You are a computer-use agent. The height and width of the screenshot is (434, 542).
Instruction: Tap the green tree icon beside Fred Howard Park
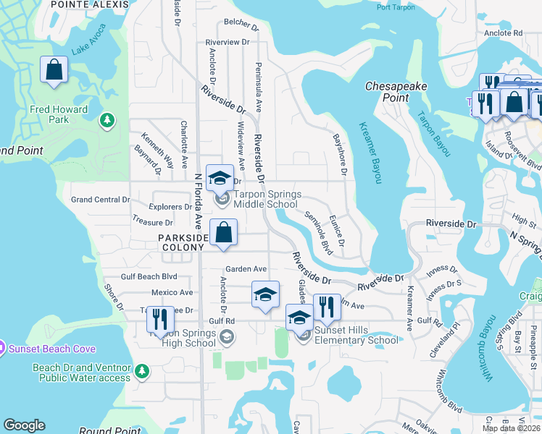coord(107,119)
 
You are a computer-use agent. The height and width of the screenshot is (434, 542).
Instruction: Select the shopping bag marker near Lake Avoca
coord(54,71)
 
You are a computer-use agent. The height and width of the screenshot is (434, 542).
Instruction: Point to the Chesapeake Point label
coord(396,91)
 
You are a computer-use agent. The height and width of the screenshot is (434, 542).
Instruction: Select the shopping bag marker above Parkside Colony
coord(224,234)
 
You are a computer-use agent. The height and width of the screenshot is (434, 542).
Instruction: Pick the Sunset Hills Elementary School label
coord(356,335)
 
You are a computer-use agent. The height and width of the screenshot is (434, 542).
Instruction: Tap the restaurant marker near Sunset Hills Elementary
coord(327,308)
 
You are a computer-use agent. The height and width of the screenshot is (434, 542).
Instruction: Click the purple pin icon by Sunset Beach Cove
coord(2,348)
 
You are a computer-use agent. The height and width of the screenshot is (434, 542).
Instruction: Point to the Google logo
coord(24,425)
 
